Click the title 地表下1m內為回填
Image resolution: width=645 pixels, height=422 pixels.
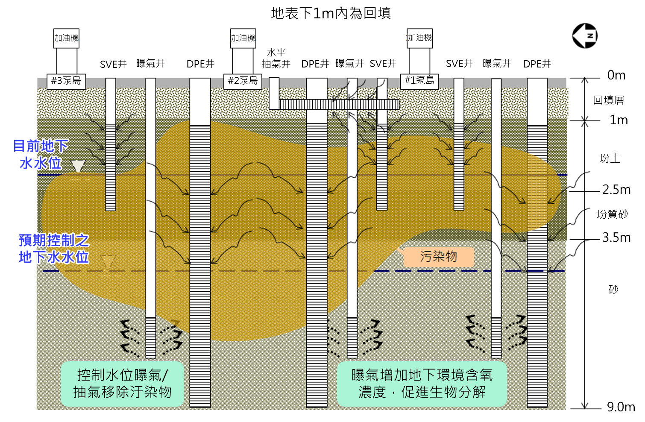(331, 13)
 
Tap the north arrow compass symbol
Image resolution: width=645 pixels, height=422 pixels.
(585, 36)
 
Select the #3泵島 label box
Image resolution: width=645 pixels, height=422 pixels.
(66, 81)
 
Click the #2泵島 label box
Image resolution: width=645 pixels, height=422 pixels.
(243, 81)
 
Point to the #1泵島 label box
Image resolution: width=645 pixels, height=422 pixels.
(419, 80)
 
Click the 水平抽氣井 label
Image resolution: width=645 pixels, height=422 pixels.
(276, 59)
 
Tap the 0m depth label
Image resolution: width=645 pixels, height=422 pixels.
(616, 76)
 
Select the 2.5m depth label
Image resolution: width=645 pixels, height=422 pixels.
(616, 190)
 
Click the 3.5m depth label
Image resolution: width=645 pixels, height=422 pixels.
(616, 237)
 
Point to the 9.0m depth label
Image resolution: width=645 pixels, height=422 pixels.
(621, 407)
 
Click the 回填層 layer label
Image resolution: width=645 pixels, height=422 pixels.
(608, 100)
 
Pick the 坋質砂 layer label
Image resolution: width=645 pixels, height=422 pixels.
(612, 214)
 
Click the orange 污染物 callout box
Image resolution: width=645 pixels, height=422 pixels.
(439, 257)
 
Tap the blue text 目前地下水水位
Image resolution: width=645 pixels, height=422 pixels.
(41, 155)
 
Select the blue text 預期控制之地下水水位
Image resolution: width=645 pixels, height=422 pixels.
(54, 249)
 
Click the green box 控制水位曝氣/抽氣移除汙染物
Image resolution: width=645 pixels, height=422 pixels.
(122, 384)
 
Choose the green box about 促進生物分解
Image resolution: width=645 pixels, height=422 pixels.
(422, 384)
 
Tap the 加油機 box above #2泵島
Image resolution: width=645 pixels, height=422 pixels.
(243, 38)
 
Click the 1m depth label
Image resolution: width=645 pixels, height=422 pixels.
(618, 120)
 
